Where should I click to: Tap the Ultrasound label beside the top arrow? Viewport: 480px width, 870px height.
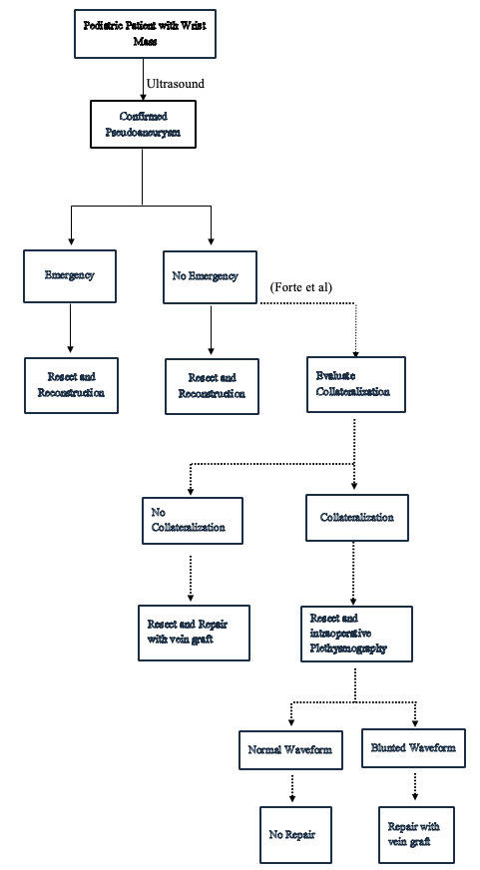175,84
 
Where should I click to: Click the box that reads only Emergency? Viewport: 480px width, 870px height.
71,275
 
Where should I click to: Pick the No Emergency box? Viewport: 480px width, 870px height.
211,275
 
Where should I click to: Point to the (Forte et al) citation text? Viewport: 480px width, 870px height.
300,288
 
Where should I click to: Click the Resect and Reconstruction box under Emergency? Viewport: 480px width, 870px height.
71,385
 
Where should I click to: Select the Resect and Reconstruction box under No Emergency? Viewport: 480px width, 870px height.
211,386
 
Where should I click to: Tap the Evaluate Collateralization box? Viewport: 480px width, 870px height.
354,385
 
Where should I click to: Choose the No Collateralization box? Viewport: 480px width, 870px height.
191,520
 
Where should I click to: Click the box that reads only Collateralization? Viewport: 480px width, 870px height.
355,518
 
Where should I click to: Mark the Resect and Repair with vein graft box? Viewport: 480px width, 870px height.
194,632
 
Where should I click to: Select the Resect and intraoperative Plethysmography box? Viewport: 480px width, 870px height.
355,633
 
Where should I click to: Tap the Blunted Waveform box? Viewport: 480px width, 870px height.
415,746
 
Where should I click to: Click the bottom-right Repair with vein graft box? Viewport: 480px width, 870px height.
415,834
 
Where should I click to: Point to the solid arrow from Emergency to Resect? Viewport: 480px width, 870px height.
71,329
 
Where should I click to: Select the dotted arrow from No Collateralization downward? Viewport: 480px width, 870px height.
191,574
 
